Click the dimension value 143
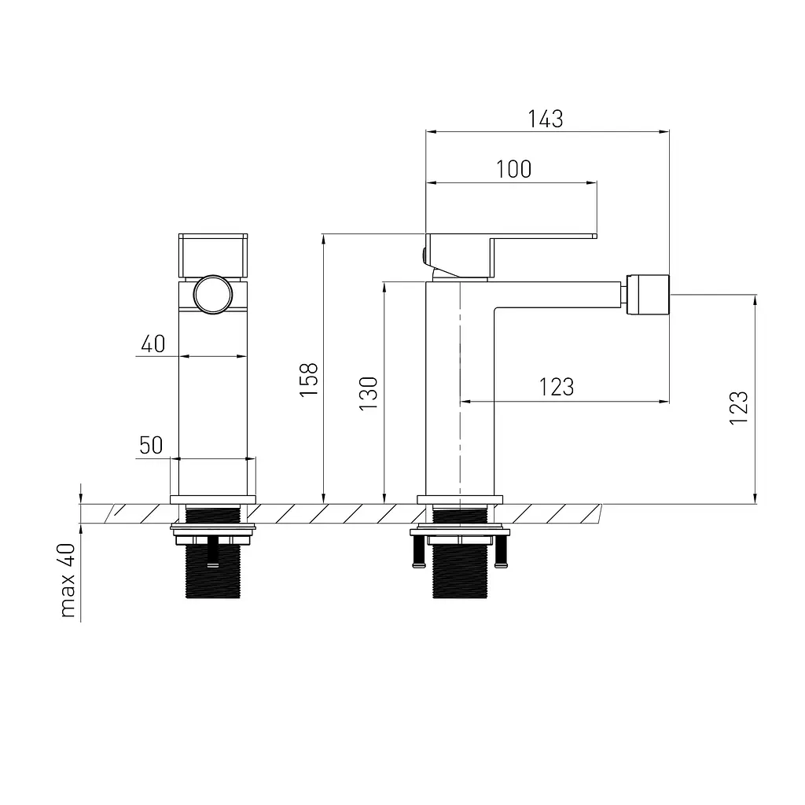coord(546,119)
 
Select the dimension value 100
coord(514,170)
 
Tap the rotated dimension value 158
coord(309,380)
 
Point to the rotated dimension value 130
coord(368,393)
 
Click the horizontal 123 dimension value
coord(557,387)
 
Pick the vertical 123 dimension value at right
coord(739,408)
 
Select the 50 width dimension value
coord(151,445)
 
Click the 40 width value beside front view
coord(153,344)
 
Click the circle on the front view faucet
coord(212,295)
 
